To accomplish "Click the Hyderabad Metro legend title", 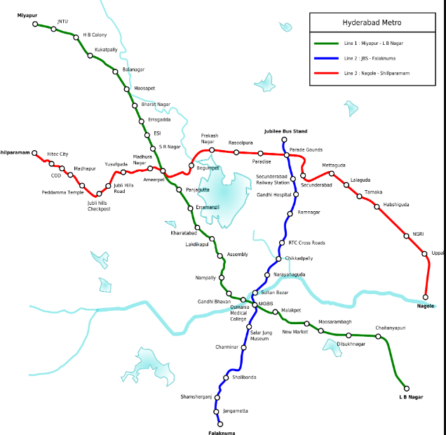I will [x=372, y=23].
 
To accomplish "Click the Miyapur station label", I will [x=27, y=15].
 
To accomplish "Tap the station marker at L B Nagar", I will [x=406, y=387].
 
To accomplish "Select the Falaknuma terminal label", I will [x=221, y=433].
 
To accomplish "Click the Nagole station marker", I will [x=425, y=297].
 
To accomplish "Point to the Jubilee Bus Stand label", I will [x=285, y=131].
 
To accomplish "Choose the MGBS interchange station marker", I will [x=255, y=304].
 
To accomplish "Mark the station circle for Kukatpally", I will [x=90, y=55].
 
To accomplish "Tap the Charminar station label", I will [x=227, y=347].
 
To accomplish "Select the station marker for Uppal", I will [x=425, y=254].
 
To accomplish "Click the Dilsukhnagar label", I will [x=351, y=344].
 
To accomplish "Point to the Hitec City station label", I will [x=58, y=154].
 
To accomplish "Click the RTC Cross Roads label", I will [x=307, y=243].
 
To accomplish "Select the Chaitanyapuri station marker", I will [x=378, y=337].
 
